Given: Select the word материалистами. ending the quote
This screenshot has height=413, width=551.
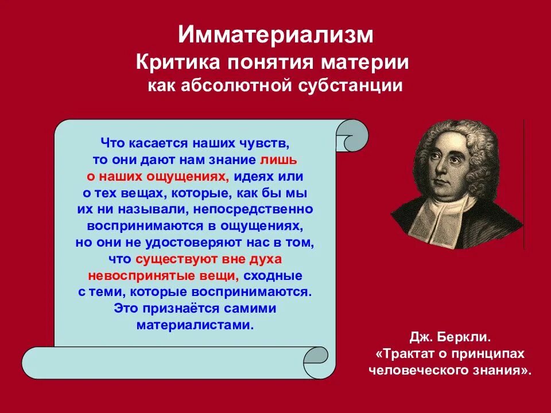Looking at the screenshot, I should (195, 325).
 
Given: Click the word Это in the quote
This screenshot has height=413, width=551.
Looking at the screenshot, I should (126, 309).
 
